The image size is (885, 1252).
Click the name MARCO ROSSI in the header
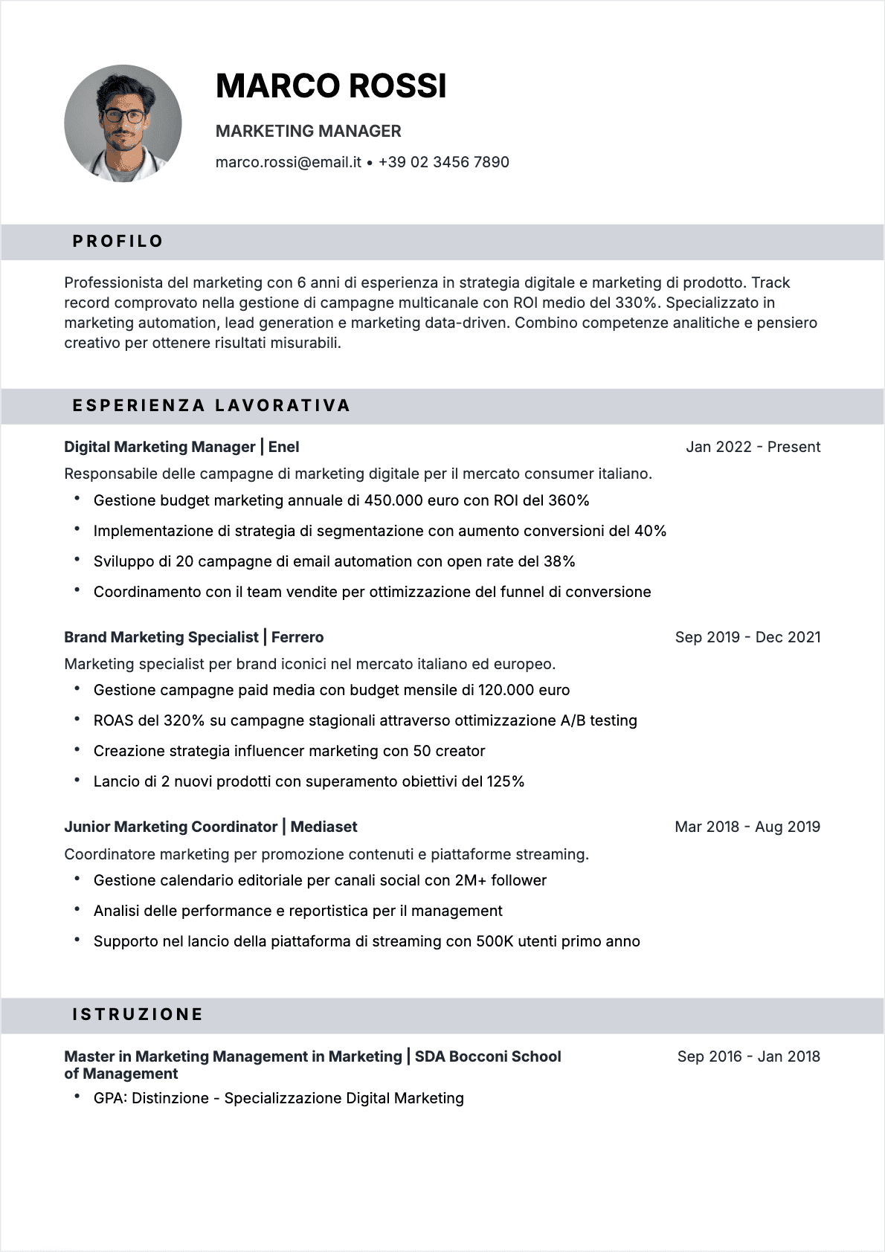(331, 86)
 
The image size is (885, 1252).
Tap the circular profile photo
(123, 123)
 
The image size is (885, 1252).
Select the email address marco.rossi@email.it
(288, 162)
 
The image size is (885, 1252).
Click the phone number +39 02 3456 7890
(443, 162)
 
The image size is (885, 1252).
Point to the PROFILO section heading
(118, 242)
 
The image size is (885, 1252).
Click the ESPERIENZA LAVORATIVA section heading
(211, 406)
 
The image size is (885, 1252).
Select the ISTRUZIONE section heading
(138, 1015)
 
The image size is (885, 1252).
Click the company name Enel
(283, 447)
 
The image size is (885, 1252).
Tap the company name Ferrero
(297, 637)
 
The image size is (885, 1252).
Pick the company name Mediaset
(324, 827)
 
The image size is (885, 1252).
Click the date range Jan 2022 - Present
(753, 447)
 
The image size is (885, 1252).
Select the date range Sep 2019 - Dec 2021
(747, 637)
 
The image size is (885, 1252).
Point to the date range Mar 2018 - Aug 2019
(747, 827)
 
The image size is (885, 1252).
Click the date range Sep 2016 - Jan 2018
(748, 1056)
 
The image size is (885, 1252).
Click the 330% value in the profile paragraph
(636, 303)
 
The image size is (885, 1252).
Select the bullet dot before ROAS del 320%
(77, 720)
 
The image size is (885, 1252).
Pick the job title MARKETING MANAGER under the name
(308, 132)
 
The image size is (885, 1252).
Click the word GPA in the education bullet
(109, 1098)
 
